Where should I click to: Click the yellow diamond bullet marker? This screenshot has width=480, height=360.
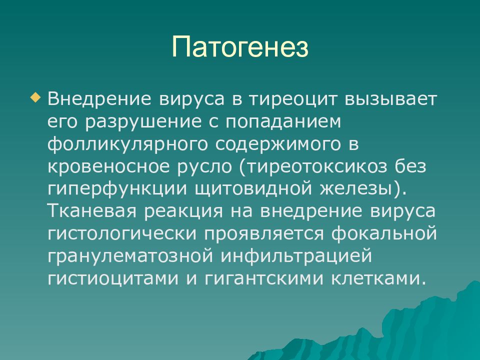(x=35, y=98)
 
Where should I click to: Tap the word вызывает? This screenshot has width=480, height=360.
(x=390, y=99)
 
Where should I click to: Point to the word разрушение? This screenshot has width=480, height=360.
(x=143, y=122)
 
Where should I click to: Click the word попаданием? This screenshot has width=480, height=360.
(x=283, y=122)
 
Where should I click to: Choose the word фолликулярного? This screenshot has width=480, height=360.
(x=127, y=144)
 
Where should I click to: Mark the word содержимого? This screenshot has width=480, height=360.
(x=277, y=144)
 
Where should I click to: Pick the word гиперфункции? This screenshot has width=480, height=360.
(x=117, y=189)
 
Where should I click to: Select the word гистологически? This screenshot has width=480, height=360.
(x=122, y=234)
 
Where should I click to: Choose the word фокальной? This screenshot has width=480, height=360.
(x=384, y=233)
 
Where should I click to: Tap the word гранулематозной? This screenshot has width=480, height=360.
(x=130, y=256)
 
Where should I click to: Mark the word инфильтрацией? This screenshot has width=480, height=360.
(x=296, y=256)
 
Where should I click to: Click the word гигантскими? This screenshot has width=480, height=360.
(x=264, y=278)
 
